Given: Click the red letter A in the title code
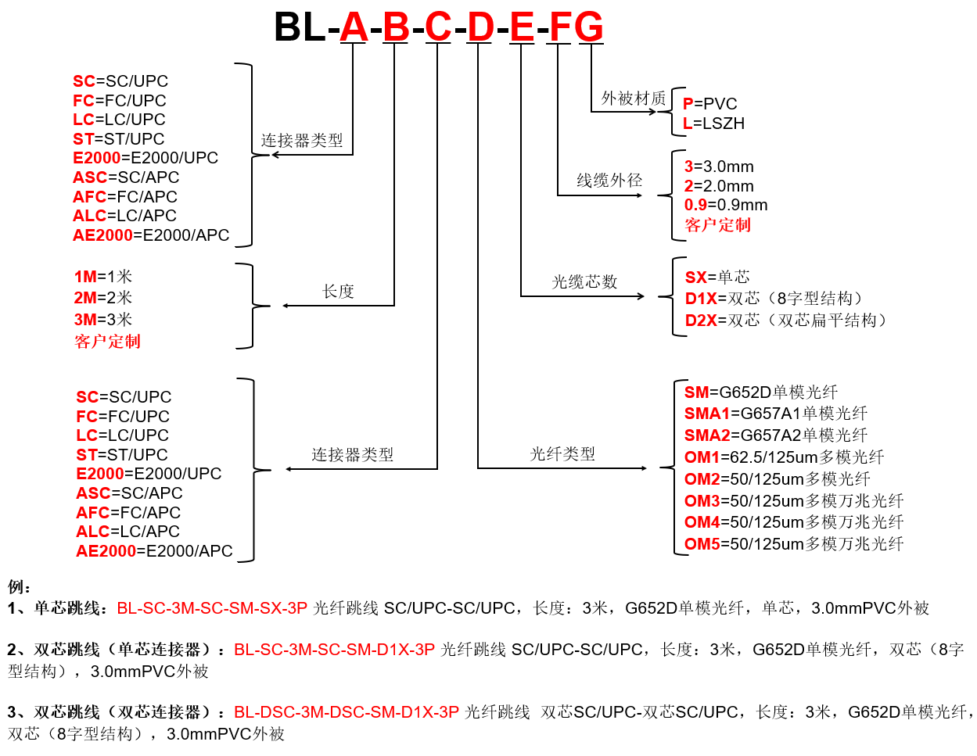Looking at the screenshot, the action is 353,27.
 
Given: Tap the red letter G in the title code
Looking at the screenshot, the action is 590,27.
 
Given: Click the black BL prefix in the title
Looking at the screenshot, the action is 300,27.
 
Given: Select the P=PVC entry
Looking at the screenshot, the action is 709,104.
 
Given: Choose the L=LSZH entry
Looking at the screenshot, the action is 713,123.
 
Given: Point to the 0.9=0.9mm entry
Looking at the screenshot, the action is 725,205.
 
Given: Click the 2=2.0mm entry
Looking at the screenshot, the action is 718,185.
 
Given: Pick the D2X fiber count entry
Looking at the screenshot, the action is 785,321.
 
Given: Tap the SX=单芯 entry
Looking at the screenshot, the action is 717,277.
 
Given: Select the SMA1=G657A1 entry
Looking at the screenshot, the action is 775,414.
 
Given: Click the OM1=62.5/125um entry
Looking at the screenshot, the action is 784,457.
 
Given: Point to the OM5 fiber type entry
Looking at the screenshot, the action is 793,543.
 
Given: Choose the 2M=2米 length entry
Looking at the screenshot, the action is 103,297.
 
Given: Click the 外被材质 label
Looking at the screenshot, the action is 633,98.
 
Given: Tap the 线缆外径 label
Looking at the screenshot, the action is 609,180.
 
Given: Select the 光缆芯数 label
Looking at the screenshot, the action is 584,281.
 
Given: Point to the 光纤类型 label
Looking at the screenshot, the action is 562,453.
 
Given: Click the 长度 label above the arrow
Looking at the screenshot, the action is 338,291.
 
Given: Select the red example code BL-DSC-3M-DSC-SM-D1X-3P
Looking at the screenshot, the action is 347,711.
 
